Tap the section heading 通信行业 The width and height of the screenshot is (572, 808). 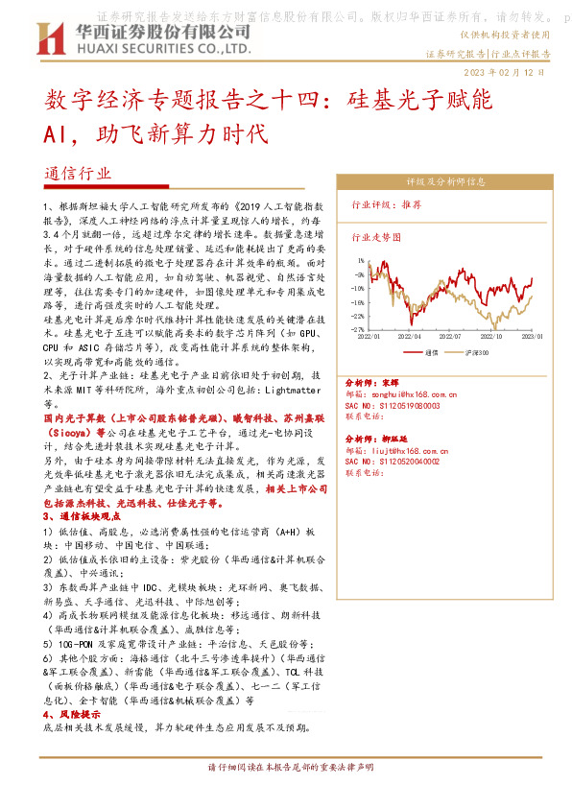click(x=79, y=175)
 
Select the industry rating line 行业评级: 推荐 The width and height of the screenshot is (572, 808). click(x=383, y=204)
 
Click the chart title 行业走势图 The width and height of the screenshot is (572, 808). click(x=375, y=235)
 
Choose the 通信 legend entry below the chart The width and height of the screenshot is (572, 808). click(x=427, y=352)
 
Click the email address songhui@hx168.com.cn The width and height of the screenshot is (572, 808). click(x=416, y=393)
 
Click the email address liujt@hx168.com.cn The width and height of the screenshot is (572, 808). click(x=412, y=450)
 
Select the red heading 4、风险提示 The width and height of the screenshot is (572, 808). click(x=72, y=715)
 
